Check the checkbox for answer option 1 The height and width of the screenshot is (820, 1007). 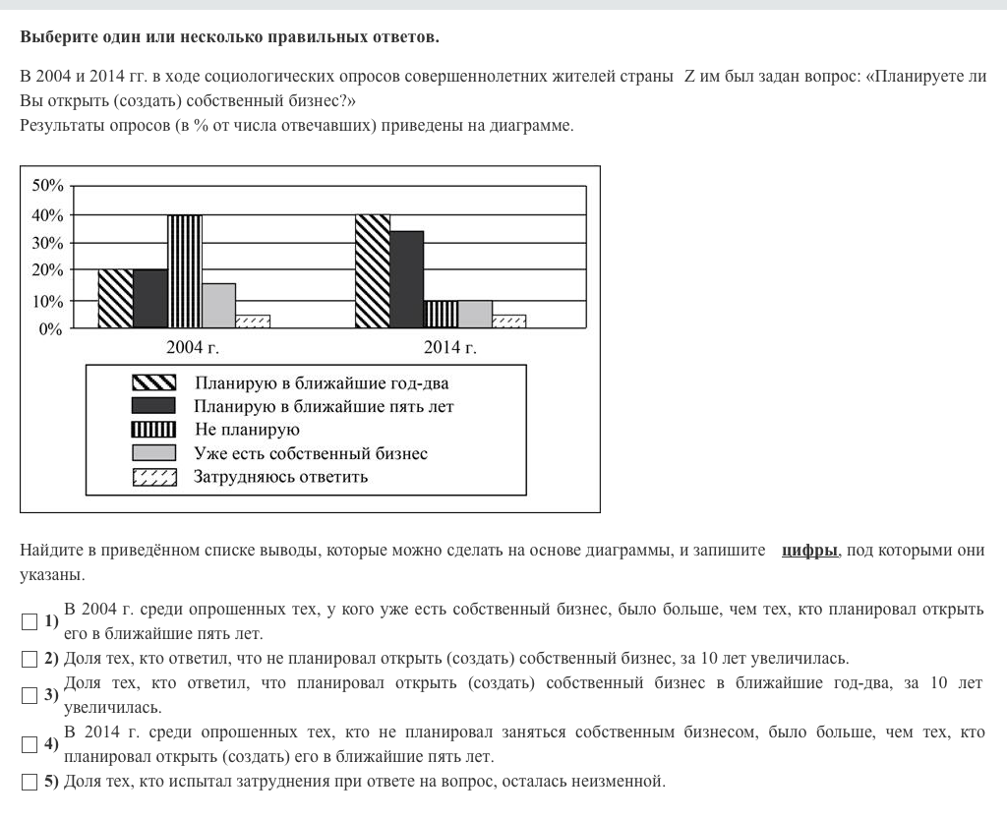click(29, 621)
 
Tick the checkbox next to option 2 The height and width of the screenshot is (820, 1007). click(29, 659)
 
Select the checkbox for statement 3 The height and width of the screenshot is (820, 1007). click(29, 695)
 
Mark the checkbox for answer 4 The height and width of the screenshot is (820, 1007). click(29, 744)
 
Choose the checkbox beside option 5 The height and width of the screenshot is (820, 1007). click(29, 783)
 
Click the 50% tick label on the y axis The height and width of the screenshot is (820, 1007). click(47, 186)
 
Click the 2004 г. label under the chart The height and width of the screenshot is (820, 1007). click(193, 347)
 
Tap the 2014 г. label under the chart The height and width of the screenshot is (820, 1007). click(450, 347)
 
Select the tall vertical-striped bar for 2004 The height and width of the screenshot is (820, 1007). click(184, 270)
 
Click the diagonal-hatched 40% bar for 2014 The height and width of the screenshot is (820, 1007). click(372, 270)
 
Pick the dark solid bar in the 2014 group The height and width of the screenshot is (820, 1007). click(406, 279)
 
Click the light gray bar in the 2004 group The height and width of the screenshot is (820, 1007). click(218, 305)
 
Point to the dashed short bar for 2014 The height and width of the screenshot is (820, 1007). click(508, 321)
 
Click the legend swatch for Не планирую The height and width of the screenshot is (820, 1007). click(154, 430)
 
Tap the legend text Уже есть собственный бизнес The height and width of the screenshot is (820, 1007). click(311, 453)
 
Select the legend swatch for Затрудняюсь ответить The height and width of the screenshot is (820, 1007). click(154, 478)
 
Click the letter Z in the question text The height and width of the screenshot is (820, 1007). click(689, 76)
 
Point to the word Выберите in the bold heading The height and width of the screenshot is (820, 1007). click(57, 37)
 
